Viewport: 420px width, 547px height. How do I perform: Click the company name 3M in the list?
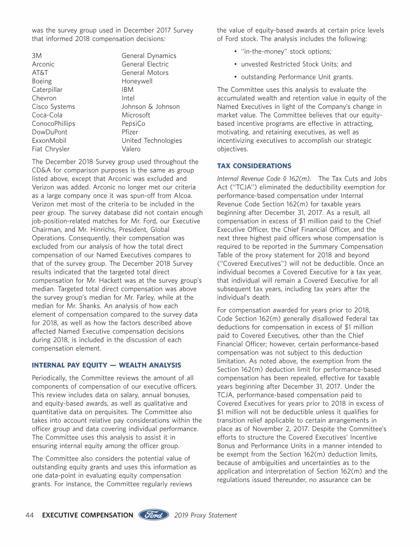click(37, 56)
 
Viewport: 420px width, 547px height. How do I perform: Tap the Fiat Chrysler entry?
click(51, 149)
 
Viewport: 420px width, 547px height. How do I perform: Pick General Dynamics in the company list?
click(149, 56)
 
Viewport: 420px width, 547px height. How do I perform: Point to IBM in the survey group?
click(127, 89)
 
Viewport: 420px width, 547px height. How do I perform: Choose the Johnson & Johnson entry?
click(150, 107)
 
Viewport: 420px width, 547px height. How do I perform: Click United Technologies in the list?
click(151, 141)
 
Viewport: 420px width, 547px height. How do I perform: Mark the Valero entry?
click(131, 149)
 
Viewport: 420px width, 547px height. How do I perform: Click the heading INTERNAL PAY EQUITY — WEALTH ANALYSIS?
click(107, 365)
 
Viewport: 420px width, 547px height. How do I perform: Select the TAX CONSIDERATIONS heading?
click(254, 166)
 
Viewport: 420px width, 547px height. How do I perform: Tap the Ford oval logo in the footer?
click(155, 515)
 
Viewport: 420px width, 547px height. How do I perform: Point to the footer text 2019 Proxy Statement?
click(206, 515)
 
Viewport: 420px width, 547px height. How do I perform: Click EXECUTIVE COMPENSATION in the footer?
click(87, 515)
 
